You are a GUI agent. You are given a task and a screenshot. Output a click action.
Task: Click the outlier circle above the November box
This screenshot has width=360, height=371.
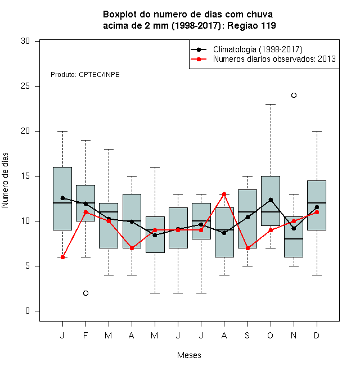[294, 96]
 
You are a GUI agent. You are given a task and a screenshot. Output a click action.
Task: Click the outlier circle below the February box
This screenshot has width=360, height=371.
[85, 293]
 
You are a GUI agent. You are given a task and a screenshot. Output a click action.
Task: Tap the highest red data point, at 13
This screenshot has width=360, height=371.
[224, 194]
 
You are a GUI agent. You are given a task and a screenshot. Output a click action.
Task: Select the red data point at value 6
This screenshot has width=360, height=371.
[62, 257]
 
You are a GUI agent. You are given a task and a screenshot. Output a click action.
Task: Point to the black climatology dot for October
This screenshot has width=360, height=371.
[271, 200]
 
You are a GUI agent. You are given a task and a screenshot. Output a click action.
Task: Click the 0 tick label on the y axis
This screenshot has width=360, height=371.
[28, 311]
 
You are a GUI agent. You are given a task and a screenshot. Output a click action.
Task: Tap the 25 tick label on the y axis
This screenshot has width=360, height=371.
[25, 86]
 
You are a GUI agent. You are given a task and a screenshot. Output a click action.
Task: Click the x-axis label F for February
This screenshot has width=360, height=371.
[85, 335]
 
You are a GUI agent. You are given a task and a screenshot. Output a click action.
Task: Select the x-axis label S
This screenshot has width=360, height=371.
[247, 335]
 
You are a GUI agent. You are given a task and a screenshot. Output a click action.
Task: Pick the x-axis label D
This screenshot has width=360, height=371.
[317, 335]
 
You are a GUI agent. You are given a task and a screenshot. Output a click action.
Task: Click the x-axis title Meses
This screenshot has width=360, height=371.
[189, 355]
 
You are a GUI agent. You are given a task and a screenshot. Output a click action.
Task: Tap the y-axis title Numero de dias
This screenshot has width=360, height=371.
[5, 180]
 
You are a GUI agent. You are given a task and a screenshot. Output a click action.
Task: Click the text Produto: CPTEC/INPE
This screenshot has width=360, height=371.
[85, 75]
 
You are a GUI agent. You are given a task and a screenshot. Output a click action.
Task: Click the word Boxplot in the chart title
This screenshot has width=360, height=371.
[120, 15]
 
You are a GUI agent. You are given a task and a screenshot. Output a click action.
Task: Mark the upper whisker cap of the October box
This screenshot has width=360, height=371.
[271, 104]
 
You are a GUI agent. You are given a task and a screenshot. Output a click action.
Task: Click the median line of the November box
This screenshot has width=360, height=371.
[294, 239]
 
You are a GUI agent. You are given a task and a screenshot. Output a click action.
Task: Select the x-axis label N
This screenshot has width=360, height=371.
[294, 335]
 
